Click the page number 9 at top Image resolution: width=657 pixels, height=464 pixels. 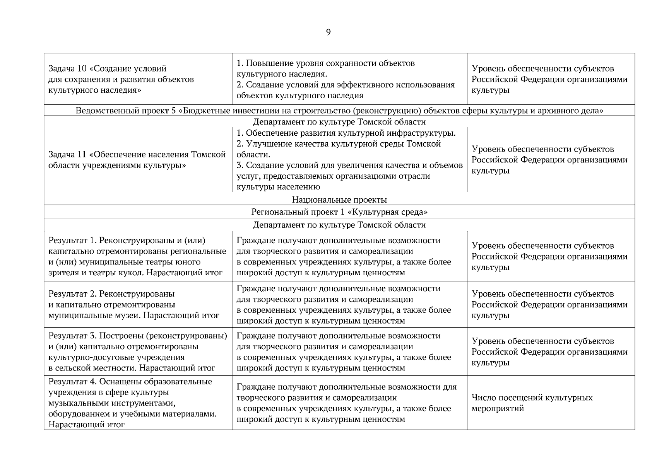click(x=328, y=32)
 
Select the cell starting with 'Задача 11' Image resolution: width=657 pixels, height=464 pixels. click(x=138, y=160)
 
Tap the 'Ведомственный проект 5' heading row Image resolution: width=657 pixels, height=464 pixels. click(x=339, y=111)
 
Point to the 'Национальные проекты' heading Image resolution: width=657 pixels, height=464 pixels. click(x=339, y=200)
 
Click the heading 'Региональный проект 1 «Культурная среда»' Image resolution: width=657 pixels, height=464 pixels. click(x=339, y=212)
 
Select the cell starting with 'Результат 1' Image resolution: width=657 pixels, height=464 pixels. click(x=138, y=256)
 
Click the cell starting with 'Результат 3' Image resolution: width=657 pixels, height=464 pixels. click(x=138, y=351)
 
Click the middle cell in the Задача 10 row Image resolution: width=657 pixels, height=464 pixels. click(x=349, y=79)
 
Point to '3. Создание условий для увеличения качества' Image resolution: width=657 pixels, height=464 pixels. click(x=349, y=165)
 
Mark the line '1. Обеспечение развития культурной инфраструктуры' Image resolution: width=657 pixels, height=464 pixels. click(x=346, y=133)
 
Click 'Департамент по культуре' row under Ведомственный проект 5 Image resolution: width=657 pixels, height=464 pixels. click(x=339, y=122)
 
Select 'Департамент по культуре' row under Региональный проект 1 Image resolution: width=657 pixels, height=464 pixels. click(x=339, y=225)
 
